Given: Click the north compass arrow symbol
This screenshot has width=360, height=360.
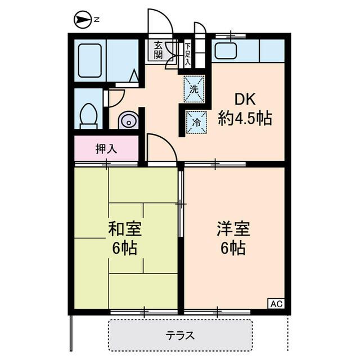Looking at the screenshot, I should [x=83, y=20].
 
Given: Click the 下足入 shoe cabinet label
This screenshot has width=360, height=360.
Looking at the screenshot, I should [x=187, y=54].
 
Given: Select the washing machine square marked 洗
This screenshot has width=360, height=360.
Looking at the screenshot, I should [x=194, y=89].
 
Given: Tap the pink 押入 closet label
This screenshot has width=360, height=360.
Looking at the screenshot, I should [x=106, y=149].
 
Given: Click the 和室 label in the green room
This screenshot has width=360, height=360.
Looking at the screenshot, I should [x=125, y=229].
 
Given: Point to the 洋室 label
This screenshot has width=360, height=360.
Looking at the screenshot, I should [x=233, y=229].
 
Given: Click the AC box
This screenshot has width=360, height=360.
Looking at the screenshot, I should [x=276, y=304].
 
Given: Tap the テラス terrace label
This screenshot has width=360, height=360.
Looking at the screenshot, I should [x=180, y=336].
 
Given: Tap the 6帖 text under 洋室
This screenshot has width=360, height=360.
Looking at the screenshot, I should [x=233, y=247].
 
